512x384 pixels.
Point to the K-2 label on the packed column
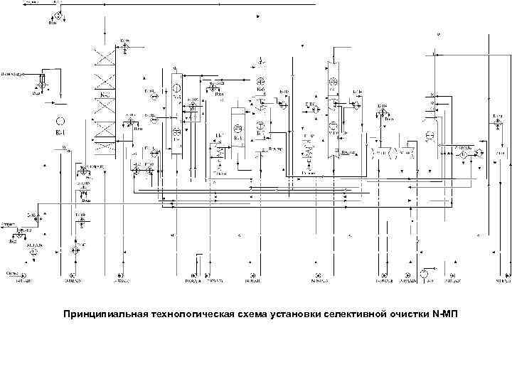105,94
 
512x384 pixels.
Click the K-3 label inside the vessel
239,135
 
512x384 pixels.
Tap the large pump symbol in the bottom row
425,272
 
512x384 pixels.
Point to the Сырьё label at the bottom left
12,272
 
